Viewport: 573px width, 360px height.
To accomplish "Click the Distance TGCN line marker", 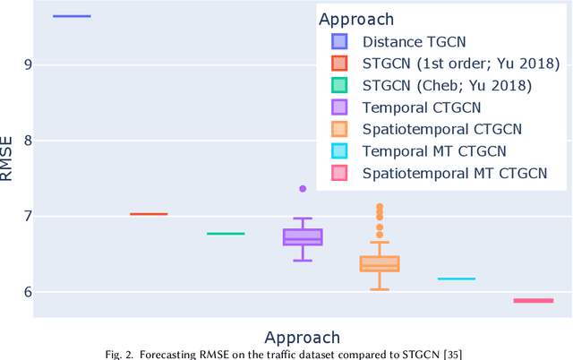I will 72,16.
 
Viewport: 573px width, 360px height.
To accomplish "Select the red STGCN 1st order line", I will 149,214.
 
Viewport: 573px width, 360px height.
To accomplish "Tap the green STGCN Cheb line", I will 226,234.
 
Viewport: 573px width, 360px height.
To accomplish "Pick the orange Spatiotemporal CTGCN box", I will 380,263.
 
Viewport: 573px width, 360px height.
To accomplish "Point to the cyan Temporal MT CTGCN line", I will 457,279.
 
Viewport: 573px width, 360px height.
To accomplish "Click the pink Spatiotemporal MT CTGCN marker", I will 534,301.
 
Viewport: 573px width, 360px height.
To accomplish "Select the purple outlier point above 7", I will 303,189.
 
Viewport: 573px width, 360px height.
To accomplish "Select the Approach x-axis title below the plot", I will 303,338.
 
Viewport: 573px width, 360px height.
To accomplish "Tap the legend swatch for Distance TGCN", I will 339,41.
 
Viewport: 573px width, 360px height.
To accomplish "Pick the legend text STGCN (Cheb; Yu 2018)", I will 447,85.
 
